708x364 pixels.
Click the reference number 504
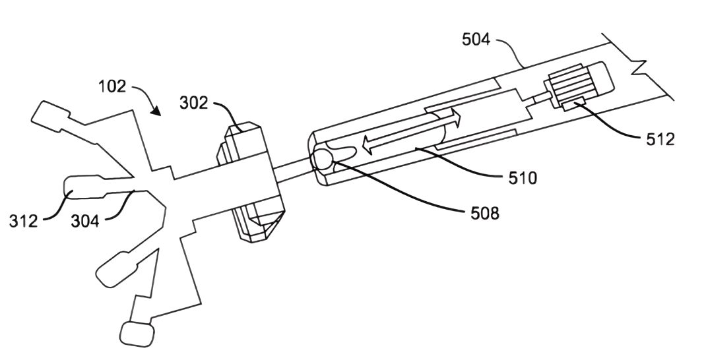(x=476, y=40)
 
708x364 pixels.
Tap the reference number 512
(x=660, y=139)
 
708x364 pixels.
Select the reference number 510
(x=523, y=178)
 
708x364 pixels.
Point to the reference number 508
(x=485, y=212)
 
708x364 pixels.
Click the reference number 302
(x=194, y=103)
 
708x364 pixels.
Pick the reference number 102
(x=112, y=86)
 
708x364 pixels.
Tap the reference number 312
(x=24, y=221)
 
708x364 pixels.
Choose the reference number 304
(x=85, y=221)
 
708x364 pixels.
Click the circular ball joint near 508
(x=321, y=159)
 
